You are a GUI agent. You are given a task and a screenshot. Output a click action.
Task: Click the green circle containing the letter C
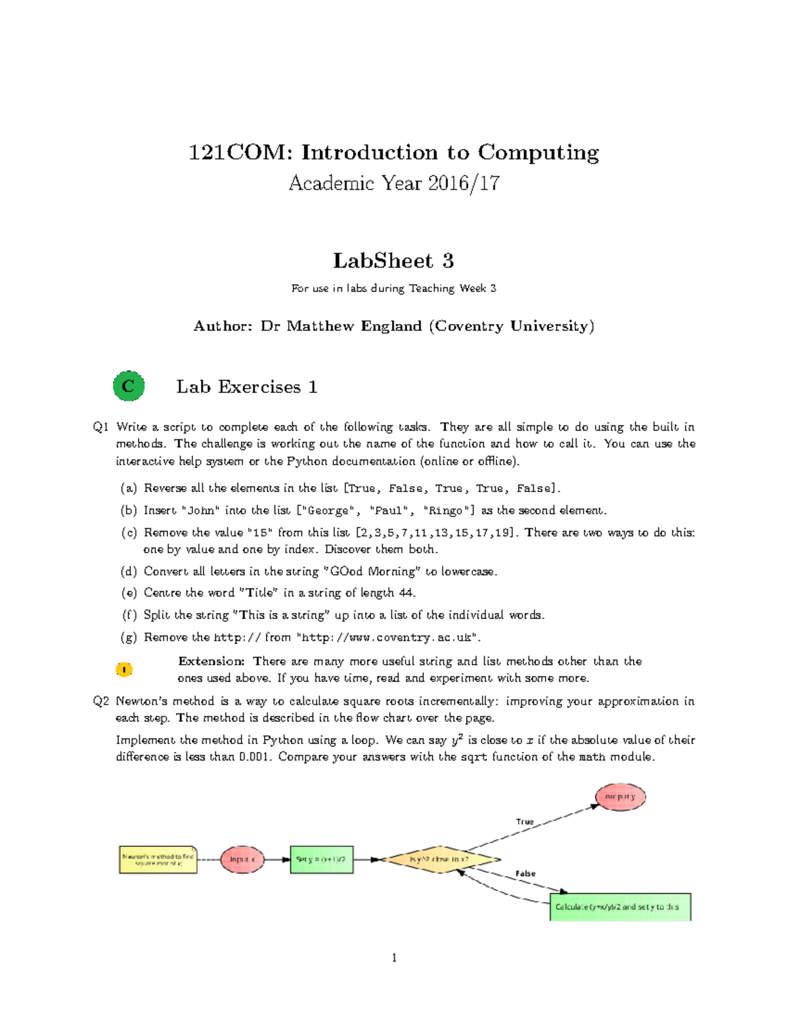point(129,386)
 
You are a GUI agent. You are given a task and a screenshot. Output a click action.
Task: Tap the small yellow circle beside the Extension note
point(124,669)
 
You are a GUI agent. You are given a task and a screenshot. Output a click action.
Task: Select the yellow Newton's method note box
point(158,859)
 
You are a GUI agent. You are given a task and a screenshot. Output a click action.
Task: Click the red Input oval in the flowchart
point(242,859)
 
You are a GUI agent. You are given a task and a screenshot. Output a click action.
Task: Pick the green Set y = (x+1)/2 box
point(322,859)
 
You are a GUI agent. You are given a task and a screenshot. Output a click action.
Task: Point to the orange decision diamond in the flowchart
point(440,859)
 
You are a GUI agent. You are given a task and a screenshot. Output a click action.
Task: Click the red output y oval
point(621,797)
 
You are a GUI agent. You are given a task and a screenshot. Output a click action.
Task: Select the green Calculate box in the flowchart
point(620,907)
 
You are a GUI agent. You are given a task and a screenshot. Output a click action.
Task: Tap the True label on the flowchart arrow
point(525,821)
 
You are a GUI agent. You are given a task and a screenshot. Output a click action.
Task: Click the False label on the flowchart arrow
point(525,873)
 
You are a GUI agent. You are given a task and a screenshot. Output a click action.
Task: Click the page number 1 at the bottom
point(394,958)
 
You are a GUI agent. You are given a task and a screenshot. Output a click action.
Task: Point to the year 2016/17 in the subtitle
point(464,183)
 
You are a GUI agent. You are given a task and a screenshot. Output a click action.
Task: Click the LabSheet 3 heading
point(393,260)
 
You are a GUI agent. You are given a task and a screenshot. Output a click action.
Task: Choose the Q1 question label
point(100,427)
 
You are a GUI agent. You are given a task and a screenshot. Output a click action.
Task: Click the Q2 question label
point(100,701)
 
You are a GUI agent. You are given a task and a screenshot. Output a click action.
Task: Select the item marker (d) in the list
point(129,572)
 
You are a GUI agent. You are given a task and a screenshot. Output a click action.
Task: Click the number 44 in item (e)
point(406,593)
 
